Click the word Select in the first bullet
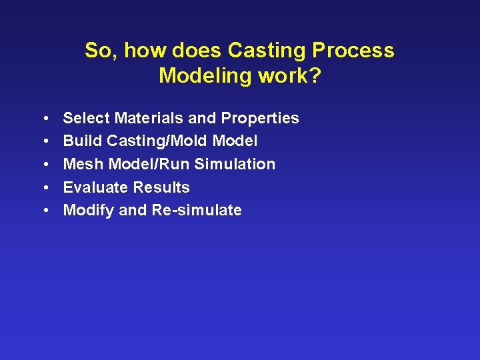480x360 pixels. [86, 118]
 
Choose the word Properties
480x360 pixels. [260, 119]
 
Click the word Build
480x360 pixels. [83, 141]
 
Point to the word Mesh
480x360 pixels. [83, 164]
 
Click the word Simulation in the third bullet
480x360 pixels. [235, 164]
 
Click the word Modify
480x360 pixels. [88, 211]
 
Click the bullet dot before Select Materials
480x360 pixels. [44, 119]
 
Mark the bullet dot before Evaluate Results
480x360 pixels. [44, 188]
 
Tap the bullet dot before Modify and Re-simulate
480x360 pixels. [44, 211]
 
